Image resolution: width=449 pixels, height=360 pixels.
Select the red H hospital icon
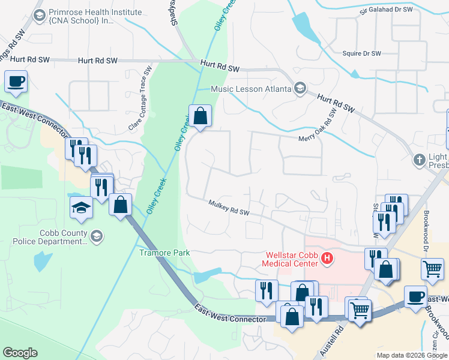coord(327,259)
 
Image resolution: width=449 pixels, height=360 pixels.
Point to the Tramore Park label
coord(164,253)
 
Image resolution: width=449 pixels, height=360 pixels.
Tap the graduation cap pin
coord(80,208)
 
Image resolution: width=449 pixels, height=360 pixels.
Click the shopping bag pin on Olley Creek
coord(200,116)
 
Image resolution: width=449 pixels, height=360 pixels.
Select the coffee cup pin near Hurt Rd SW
coord(17,81)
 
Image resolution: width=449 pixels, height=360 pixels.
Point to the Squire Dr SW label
coord(361,53)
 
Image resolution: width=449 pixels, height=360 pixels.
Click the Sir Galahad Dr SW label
coord(386,10)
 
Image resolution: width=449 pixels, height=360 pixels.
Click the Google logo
coord(20,353)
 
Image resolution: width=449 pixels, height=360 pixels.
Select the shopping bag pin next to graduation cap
coord(121,205)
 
